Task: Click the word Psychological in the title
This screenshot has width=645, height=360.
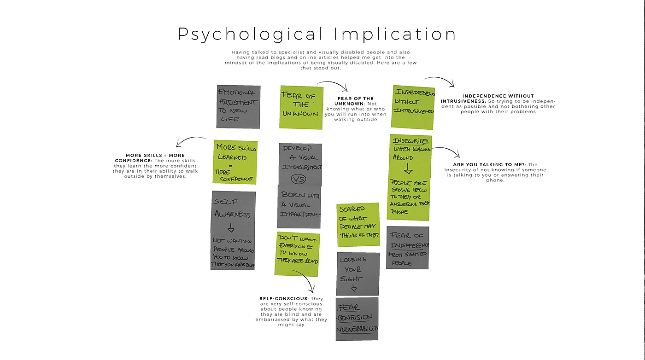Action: click(x=250, y=35)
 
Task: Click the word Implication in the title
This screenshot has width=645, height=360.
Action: click(x=395, y=35)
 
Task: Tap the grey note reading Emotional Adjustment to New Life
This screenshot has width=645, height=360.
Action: click(x=238, y=106)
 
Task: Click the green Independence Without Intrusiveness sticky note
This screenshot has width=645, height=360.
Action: click(x=413, y=106)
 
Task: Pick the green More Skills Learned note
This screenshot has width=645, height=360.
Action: click(x=235, y=162)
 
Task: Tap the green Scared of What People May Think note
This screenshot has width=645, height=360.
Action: click(x=358, y=225)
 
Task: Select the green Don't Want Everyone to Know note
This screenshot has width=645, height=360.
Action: click(x=298, y=254)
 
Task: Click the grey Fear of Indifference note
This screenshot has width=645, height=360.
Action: click(x=407, y=248)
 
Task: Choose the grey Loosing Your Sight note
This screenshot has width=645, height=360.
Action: click(x=358, y=273)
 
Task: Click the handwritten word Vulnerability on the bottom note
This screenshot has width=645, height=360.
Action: click(x=358, y=329)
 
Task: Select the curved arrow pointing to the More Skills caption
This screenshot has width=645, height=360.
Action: click(x=190, y=141)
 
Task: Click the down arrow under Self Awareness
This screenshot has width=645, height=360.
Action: click(x=231, y=228)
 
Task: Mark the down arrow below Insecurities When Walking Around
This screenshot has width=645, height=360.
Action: click(x=408, y=169)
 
